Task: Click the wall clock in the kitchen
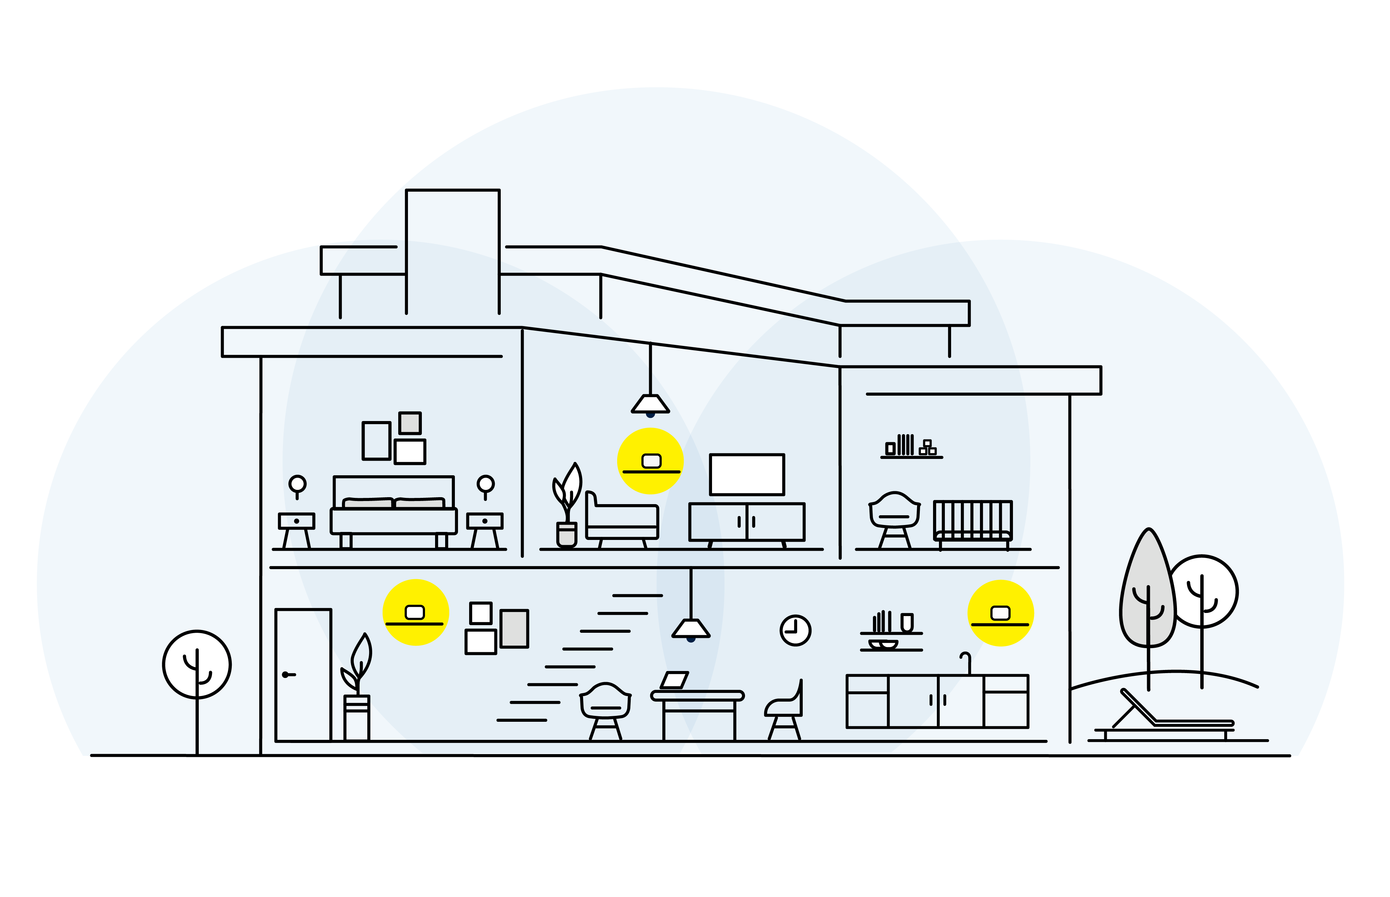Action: pyautogui.click(x=795, y=630)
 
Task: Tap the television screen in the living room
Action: pyautogui.click(x=747, y=475)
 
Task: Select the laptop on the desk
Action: pyautogui.click(x=674, y=680)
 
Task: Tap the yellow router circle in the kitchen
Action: pyautogui.click(x=1000, y=613)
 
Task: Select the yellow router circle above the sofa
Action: pyautogui.click(x=650, y=461)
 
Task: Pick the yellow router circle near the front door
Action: pyautogui.click(x=416, y=612)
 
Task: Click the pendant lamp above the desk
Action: pyautogui.click(x=691, y=629)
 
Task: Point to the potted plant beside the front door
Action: pyautogui.click(x=356, y=687)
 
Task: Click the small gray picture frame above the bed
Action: pyautogui.click(x=410, y=423)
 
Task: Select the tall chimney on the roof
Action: pyautogui.click(x=452, y=250)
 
